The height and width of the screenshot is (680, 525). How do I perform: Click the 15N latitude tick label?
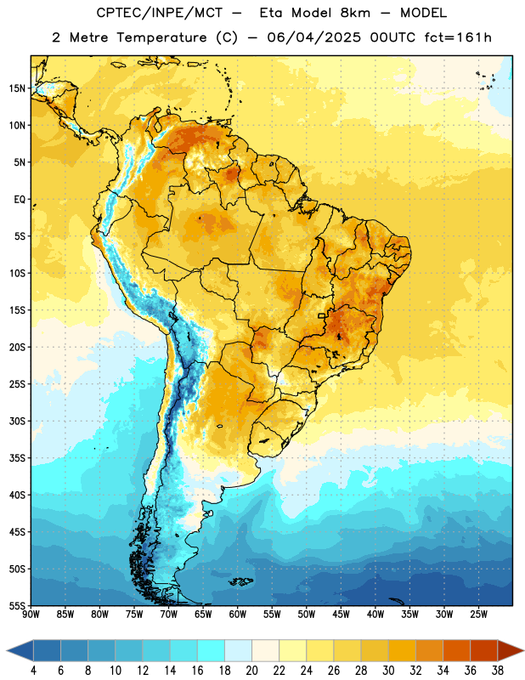tap(17, 88)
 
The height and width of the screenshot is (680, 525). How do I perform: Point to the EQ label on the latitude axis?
tap(20, 200)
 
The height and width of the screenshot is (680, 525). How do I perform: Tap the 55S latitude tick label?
tap(17, 606)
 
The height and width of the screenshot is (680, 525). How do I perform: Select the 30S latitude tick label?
tap(17, 421)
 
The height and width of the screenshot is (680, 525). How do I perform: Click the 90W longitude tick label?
tap(31, 615)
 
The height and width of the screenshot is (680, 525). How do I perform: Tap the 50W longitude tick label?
tap(307, 615)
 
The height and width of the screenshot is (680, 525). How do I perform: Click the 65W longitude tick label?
tap(203, 615)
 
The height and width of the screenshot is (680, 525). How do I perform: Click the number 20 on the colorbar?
tap(251, 671)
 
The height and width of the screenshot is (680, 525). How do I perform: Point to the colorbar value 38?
tap(498, 671)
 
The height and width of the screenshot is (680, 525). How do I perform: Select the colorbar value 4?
tap(33, 671)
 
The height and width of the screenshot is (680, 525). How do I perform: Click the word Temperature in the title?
tap(161, 38)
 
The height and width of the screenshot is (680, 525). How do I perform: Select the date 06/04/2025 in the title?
tap(313, 37)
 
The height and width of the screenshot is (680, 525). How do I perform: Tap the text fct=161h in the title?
tap(458, 37)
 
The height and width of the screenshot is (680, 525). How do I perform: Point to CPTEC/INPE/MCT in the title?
tap(159, 13)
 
